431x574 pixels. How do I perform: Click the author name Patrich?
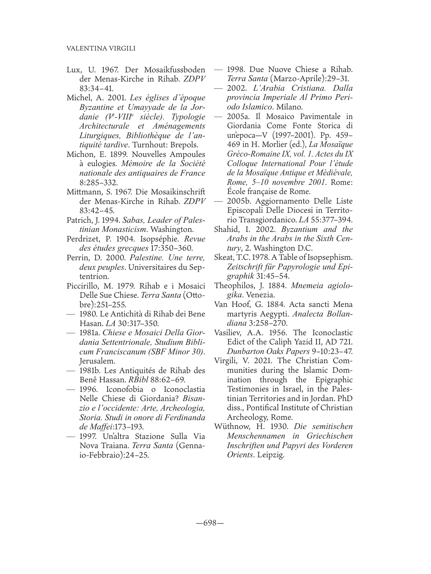pos(78,220)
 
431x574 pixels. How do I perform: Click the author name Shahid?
pos(228,230)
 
